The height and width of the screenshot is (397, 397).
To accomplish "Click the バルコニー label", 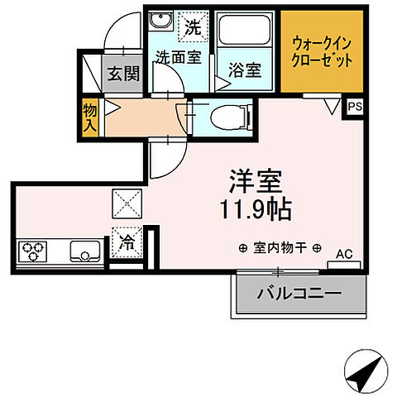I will tap(298, 293).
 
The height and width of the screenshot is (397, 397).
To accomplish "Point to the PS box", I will tap(355, 107).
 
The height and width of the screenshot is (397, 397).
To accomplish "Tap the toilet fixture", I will tap(222, 116).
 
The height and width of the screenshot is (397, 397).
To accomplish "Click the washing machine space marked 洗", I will tap(192, 26).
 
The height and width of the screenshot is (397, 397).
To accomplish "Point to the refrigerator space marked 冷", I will tap(128, 242).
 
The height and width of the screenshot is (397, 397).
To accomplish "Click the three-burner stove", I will tap(33, 249).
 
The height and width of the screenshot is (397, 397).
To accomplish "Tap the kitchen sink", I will tap(85, 249).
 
